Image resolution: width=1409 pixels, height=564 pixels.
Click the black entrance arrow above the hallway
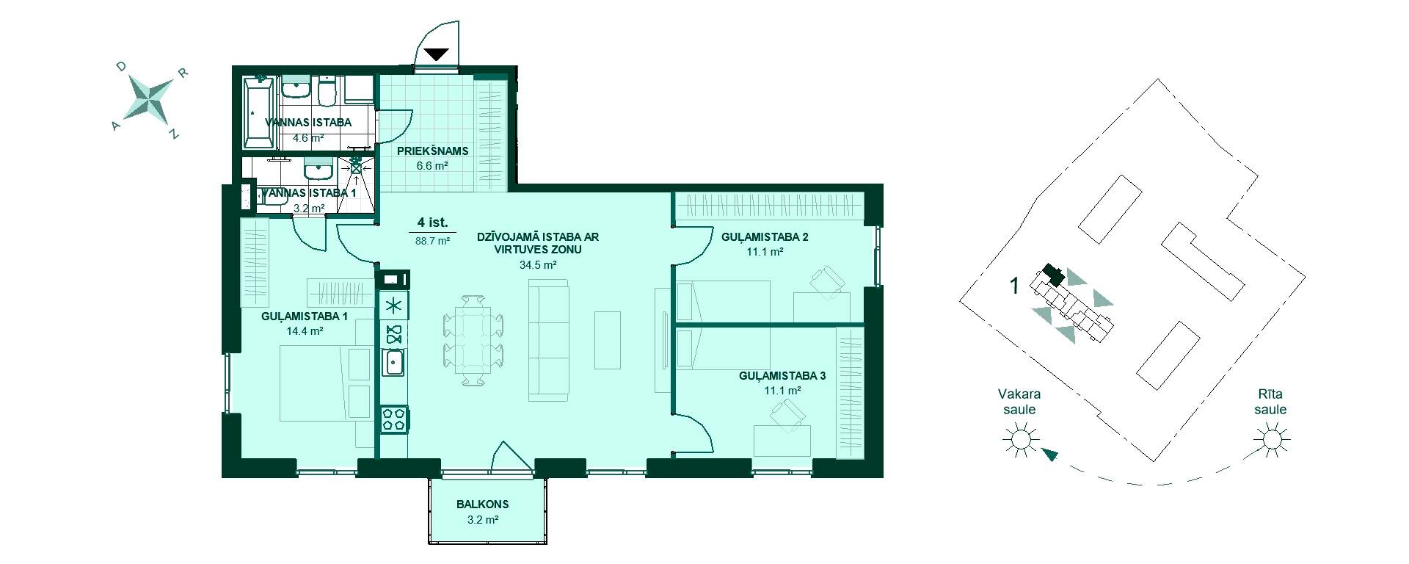click(437, 54)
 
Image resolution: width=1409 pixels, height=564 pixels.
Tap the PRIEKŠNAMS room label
click(432, 151)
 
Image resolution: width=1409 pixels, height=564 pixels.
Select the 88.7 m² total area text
click(433, 239)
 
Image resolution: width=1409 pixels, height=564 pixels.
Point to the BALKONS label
click(482, 505)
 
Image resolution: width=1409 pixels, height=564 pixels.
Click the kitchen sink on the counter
click(395, 362)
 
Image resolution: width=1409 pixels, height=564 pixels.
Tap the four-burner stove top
click(394, 419)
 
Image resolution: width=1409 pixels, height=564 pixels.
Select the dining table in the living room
click(473, 339)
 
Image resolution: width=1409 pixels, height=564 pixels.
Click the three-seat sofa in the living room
click(549, 343)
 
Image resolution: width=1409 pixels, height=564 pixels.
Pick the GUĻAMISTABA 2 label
click(765, 237)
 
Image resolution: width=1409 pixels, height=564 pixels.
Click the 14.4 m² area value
click(305, 331)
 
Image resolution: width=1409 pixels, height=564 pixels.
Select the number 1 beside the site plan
click(1015, 286)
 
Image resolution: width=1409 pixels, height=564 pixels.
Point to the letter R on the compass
click(184, 73)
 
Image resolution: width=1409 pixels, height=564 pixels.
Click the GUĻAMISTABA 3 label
click(782, 376)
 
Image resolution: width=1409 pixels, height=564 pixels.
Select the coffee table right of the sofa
click(608, 340)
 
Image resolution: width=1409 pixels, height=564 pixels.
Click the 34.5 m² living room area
click(538, 264)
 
